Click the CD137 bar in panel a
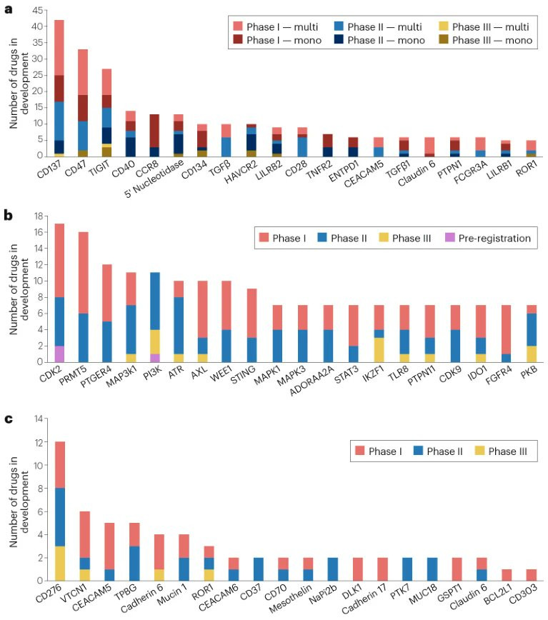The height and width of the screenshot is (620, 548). (59, 88)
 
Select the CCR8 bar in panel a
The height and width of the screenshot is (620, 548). (154, 136)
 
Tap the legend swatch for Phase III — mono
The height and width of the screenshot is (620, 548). (444, 39)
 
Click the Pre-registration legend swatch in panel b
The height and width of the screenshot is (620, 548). (450, 237)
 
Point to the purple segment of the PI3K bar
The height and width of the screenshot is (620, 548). (155, 358)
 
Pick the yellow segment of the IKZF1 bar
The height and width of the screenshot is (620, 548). (379, 350)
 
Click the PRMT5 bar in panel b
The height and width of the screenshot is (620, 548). (84, 297)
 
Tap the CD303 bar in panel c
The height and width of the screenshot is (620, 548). (532, 575)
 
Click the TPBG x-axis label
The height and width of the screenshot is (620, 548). (126, 593)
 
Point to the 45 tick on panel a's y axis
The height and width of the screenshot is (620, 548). (37, 11)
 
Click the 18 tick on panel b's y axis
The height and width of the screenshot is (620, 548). (39, 216)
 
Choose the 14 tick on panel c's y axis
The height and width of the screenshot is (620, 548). (39, 419)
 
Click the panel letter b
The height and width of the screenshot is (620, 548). (9, 216)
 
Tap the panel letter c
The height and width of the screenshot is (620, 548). (9, 419)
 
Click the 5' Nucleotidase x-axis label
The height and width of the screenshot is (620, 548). (154, 179)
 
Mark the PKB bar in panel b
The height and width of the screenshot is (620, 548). (532, 334)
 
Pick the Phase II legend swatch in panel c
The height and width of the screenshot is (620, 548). (418, 451)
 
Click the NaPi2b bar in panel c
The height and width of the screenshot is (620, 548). (333, 569)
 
